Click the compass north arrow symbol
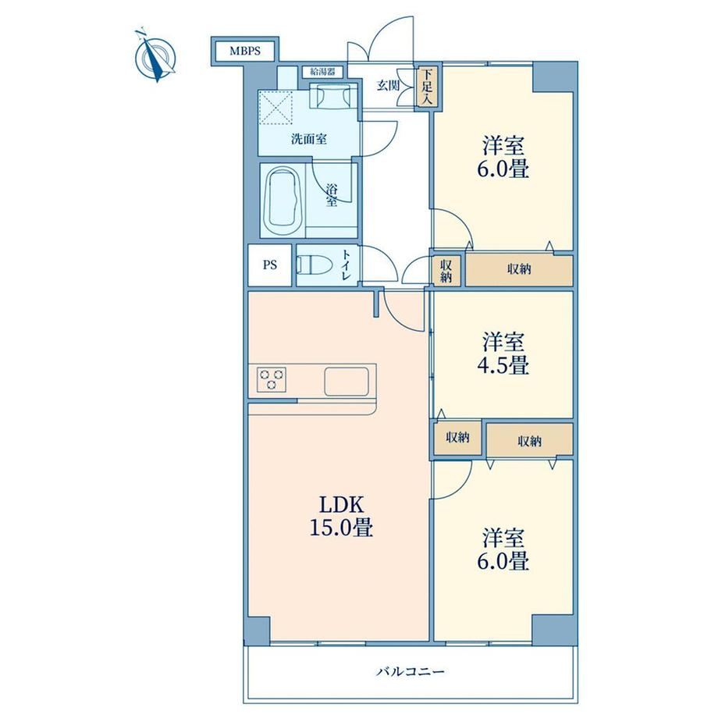[155, 56]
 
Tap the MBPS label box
[245, 51]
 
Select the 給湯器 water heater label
[322, 72]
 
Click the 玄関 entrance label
[388, 85]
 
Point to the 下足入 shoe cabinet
[427, 87]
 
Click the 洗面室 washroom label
[309, 139]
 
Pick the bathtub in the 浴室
[284, 200]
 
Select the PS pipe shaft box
[270, 265]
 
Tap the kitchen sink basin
[347, 381]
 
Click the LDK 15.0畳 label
[342, 516]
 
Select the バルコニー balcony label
[411, 672]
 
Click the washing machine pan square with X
[275, 108]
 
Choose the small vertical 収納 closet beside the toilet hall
[446, 271]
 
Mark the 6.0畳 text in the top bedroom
[503, 169]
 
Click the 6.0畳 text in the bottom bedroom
[503, 560]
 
